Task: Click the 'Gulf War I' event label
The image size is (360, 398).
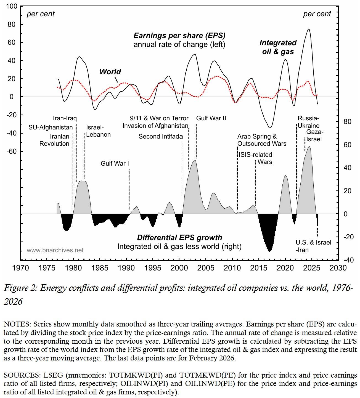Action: [115, 163]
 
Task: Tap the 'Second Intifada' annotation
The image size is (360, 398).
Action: [161, 136]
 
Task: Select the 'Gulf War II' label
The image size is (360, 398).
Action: [211, 118]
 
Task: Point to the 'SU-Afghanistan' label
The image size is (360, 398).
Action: [51, 127]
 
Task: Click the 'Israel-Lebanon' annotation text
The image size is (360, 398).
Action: [98, 131]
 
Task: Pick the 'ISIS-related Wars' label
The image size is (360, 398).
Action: [255, 158]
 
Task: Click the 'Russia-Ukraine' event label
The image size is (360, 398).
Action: [308, 122]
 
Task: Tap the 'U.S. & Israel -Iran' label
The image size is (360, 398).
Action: [313, 246]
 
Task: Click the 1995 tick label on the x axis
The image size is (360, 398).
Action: [153, 268]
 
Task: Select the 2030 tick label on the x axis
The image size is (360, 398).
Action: [338, 268]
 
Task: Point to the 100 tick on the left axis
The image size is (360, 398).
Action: [11, 6]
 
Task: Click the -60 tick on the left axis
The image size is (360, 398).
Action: [11, 151]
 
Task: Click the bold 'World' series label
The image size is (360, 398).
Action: [110, 72]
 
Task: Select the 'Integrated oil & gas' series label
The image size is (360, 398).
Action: [278, 47]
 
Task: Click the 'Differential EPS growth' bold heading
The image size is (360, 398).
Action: [179, 238]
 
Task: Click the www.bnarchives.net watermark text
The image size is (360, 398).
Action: [55, 250]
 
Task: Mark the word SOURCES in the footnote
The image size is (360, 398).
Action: [22, 375]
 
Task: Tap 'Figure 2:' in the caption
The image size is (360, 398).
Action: [20, 288]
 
